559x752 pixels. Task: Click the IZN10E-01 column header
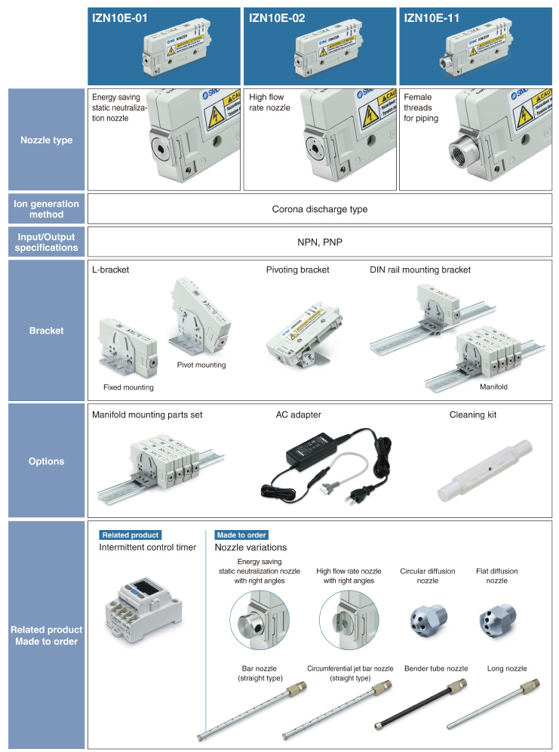(x=120, y=18)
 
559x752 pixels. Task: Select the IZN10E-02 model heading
(x=277, y=18)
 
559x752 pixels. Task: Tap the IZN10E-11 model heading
(x=432, y=18)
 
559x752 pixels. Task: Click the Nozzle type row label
(x=47, y=140)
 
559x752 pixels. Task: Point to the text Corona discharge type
(x=320, y=209)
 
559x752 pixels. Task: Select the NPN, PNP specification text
(x=320, y=242)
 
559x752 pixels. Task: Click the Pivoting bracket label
(x=297, y=270)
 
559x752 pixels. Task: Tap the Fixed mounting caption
(x=128, y=387)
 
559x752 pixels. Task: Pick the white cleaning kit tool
(x=485, y=470)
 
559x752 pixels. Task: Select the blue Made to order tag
(x=241, y=535)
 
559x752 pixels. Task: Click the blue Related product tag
(x=131, y=535)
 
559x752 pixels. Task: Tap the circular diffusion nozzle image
(x=428, y=620)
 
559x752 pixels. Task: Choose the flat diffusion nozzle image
(x=497, y=621)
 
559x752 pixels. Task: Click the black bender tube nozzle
(x=420, y=704)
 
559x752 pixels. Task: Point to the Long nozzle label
(x=507, y=668)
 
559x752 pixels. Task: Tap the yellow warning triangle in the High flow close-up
(x=370, y=116)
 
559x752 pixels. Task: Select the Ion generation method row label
(x=47, y=209)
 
